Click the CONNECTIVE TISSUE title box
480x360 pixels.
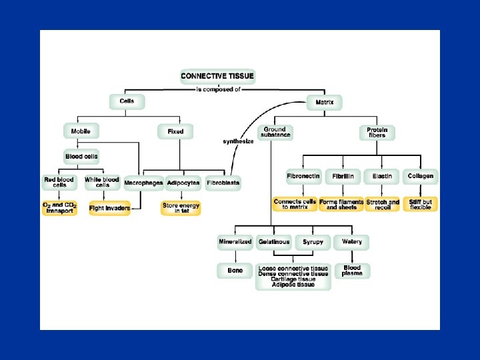[x=217, y=77]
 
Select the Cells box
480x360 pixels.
[x=127, y=101]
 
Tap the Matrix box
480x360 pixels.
[x=325, y=103]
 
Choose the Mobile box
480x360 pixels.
[x=81, y=131]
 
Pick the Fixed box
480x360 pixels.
[x=175, y=131]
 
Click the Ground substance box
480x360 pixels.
[x=275, y=132]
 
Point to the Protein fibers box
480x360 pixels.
[x=377, y=132]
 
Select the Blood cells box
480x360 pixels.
[x=82, y=157]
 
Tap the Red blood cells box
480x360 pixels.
[x=59, y=181]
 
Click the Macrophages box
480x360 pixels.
[x=143, y=183]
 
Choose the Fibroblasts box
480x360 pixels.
[x=223, y=183]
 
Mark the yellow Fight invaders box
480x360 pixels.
[x=109, y=207]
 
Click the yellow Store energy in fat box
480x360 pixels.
[x=181, y=208]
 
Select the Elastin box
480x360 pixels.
[x=382, y=177]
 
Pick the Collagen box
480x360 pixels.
[x=421, y=177]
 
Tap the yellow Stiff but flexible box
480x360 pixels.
[x=421, y=205]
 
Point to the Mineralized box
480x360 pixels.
[x=235, y=241]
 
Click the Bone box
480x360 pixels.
[x=235, y=271]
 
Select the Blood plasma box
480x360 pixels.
[x=351, y=271]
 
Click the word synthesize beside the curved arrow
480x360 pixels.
[x=238, y=141]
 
